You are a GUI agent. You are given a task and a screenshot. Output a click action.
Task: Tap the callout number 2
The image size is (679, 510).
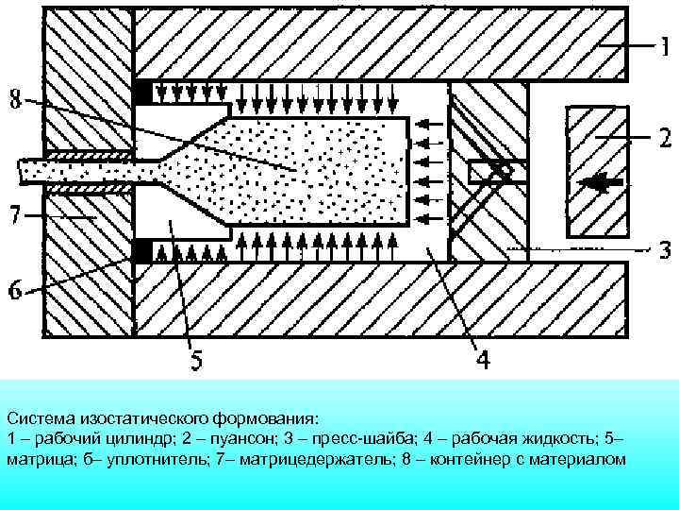(664, 139)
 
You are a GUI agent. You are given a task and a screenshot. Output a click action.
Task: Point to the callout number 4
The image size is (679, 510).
(481, 361)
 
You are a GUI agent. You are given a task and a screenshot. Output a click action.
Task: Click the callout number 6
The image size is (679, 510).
(16, 290)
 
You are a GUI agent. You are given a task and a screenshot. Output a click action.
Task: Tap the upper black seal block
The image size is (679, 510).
(143, 93)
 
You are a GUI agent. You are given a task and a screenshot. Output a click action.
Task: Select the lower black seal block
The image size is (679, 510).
(143, 251)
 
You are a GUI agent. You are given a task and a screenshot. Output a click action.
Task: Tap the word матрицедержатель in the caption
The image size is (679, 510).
(302, 459)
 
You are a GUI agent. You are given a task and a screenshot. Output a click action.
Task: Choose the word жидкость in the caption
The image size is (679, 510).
(560, 439)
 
